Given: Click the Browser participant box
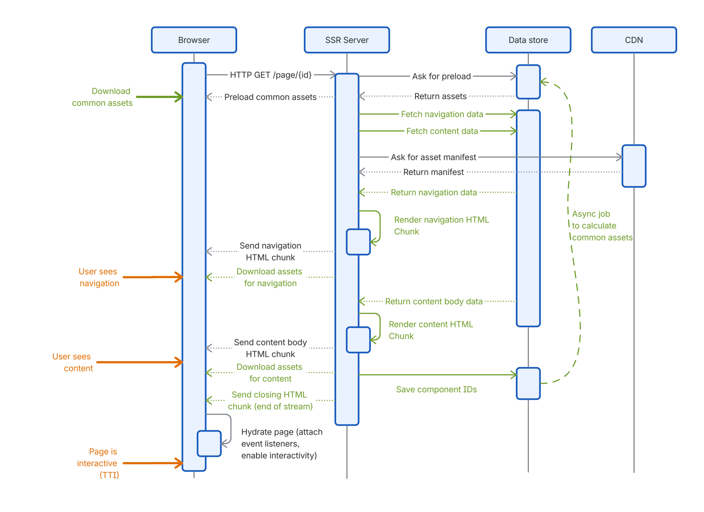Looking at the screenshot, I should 194,40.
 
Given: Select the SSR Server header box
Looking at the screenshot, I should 346,40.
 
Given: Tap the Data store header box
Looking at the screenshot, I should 528,40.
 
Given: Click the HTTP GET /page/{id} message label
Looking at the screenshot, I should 270,75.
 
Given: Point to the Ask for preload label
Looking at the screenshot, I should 441,76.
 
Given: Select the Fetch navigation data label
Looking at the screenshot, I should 442,114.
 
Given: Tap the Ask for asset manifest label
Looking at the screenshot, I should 433,157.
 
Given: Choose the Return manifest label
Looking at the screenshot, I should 433,172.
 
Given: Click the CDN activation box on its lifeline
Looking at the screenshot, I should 634,166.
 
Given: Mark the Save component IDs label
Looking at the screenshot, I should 436,389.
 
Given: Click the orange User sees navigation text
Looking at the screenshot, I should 99,277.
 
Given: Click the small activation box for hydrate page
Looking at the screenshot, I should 209,443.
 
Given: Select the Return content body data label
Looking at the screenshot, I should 433,301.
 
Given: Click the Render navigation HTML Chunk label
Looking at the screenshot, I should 441,226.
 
